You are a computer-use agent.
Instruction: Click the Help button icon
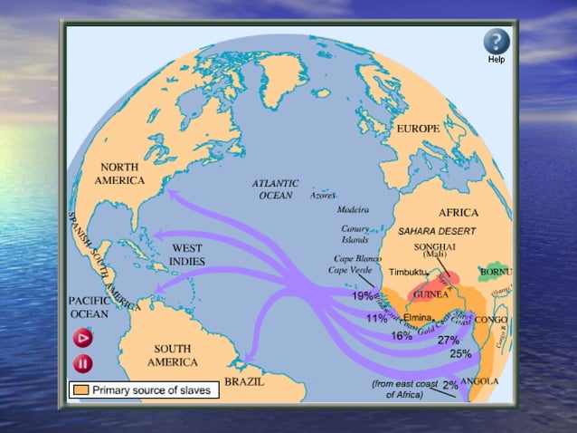496,41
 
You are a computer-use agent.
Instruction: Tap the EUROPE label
418,129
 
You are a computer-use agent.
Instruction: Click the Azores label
322,195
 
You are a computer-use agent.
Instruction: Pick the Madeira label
352,209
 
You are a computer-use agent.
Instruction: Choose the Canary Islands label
355,234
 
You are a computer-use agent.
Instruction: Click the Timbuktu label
409,272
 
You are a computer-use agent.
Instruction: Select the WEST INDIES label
186,254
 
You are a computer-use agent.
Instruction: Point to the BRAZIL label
244,381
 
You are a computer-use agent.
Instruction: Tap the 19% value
364,295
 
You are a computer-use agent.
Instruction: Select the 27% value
449,340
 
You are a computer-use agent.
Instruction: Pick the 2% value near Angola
450,385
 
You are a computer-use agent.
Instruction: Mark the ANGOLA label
479,381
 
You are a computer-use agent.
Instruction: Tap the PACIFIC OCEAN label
89,306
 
